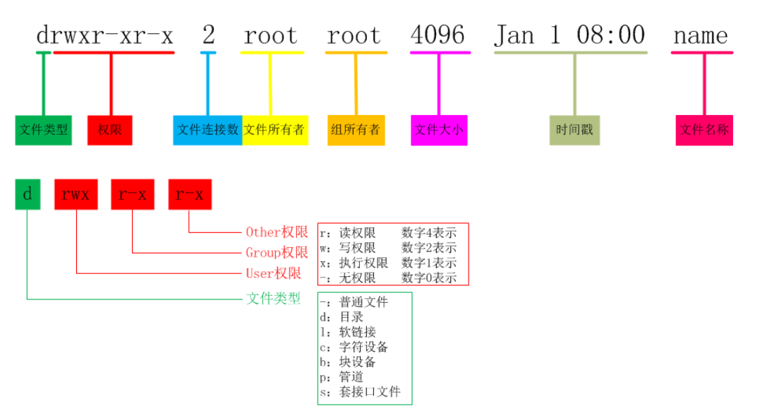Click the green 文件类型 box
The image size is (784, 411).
pos(43,130)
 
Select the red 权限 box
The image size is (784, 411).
pos(110,130)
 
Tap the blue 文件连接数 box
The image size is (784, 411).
pos(207,130)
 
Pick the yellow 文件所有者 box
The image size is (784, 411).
pos(275,130)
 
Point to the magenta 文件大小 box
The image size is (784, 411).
pos(438,130)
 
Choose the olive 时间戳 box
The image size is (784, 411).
pos(574,130)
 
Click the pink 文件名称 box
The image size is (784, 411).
pos(704,130)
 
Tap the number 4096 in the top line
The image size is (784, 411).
pos(438,35)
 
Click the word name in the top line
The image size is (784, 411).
pos(701,35)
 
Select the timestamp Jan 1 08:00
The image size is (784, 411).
pos(569,35)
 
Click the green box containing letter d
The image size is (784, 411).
pos(28,194)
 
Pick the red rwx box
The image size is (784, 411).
pos(76,194)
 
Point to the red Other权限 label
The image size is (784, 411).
pos(277,232)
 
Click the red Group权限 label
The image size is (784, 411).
pos(277,253)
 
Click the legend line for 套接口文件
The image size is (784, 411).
pos(360,392)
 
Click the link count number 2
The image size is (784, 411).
pos(208,35)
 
